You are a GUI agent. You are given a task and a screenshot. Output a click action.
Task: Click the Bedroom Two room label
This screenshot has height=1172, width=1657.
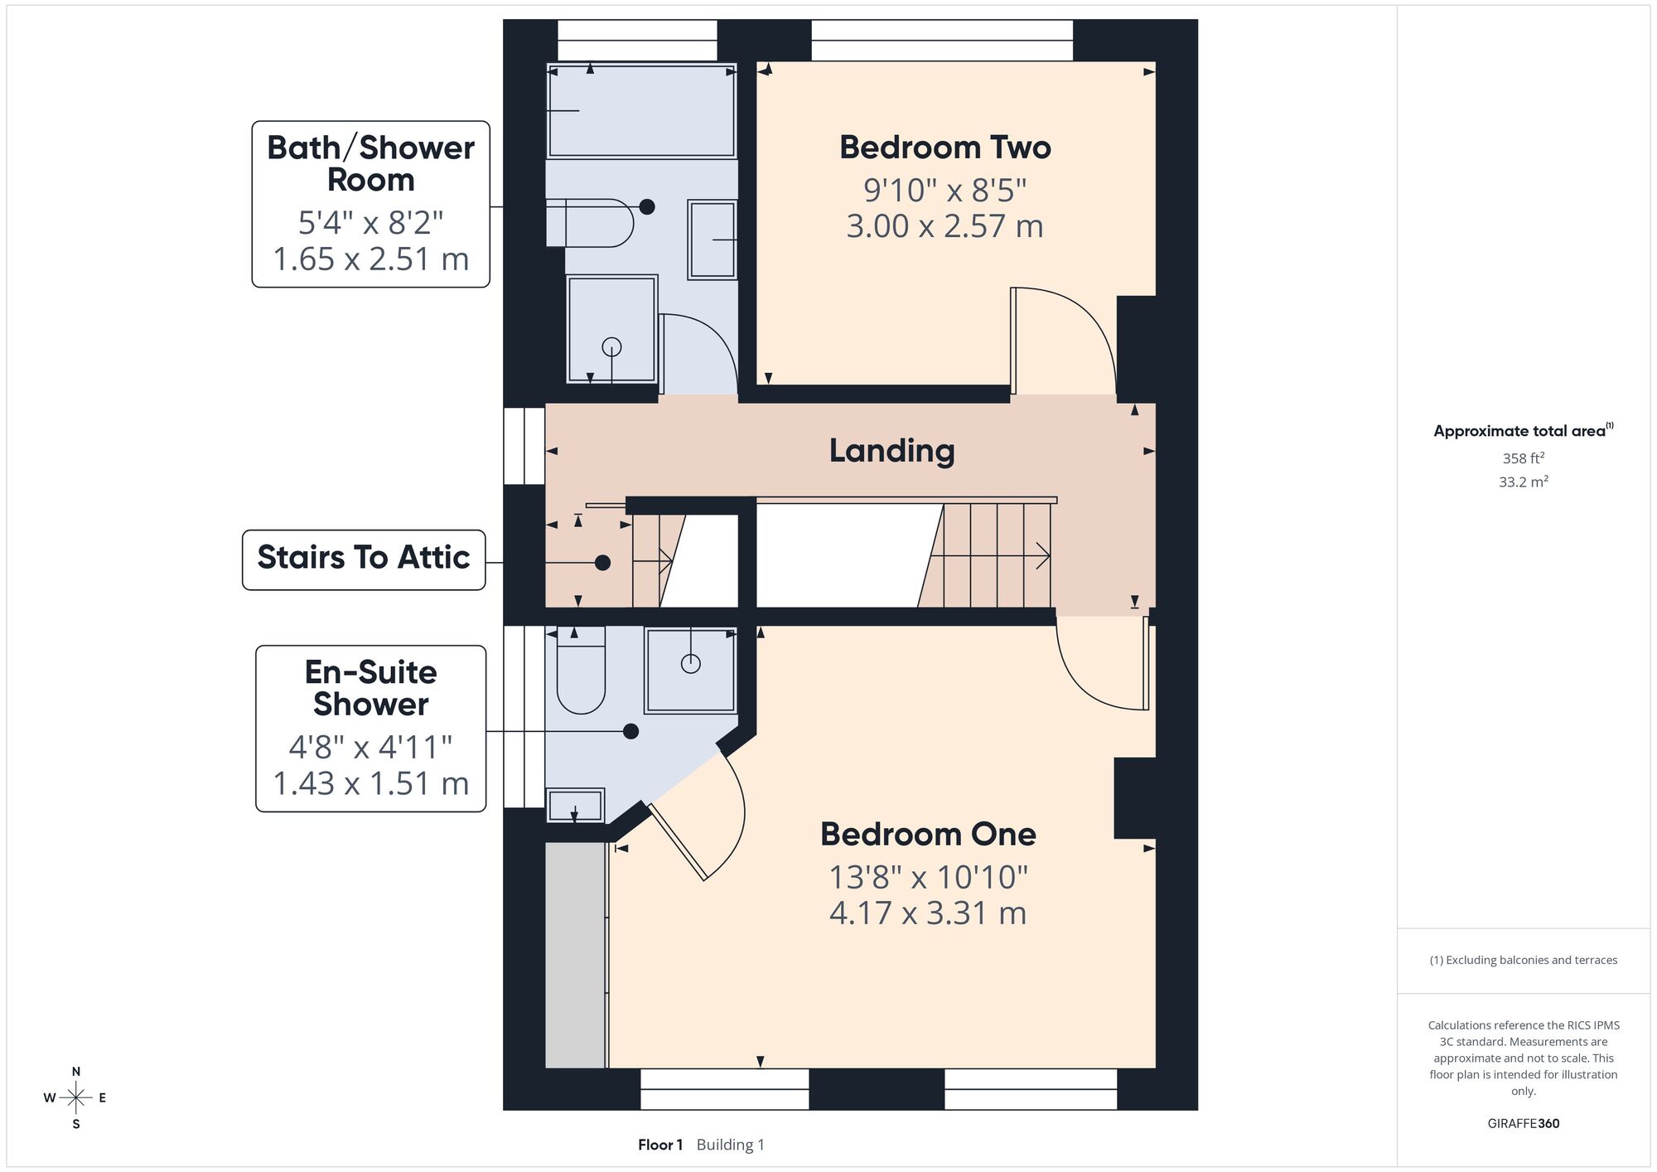click(944, 148)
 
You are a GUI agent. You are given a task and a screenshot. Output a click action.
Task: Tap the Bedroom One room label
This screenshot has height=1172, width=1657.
click(928, 834)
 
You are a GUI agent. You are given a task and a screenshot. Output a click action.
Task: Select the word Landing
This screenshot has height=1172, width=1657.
click(892, 451)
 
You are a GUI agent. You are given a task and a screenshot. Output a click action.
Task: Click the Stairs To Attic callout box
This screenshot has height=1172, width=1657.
click(364, 560)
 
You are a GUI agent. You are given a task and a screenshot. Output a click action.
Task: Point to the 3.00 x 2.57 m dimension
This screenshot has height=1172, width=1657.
click(944, 226)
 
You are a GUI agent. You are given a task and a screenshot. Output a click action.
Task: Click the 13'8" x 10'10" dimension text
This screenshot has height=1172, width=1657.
click(928, 877)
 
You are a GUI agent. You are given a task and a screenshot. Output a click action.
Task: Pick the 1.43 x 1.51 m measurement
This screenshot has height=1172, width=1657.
click(370, 783)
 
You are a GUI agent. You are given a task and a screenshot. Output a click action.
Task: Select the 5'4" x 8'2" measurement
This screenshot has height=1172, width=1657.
click(370, 223)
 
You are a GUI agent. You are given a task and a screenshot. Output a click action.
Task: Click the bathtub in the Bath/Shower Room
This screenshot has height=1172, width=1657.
click(641, 110)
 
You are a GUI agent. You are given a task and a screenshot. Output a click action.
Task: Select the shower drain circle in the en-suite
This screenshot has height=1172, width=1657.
click(690, 663)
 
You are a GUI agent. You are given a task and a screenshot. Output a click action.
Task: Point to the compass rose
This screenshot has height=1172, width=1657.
click(76, 1098)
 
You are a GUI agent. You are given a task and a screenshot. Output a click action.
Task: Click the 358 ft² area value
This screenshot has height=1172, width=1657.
click(1523, 458)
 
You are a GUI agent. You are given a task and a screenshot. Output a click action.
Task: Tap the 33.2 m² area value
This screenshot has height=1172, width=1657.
click(1523, 482)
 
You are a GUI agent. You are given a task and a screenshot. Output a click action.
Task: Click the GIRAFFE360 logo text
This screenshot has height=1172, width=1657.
click(1523, 1124)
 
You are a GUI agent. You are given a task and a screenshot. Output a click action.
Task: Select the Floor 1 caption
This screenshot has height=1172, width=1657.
click(660, 1145)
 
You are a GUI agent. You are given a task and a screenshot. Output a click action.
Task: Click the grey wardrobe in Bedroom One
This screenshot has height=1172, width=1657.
click(576, 956)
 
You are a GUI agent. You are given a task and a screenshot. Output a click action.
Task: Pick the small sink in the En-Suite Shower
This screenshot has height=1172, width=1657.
click(575, 806)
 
